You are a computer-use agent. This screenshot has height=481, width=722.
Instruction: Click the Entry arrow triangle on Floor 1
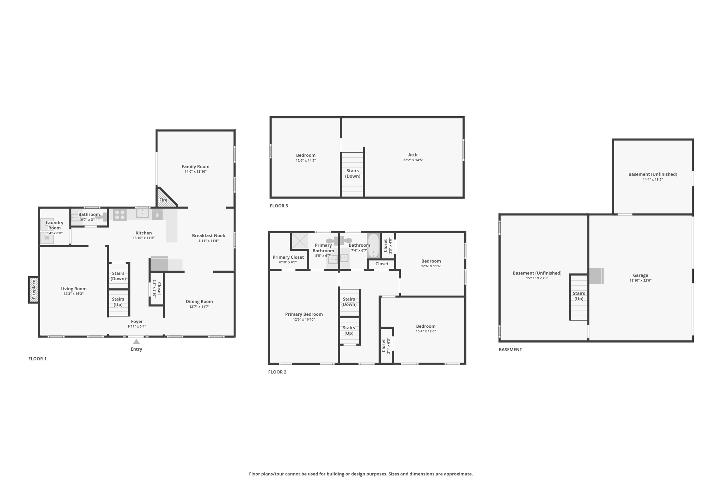pos(136,341)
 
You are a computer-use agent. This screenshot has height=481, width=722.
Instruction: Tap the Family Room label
pos(196,167)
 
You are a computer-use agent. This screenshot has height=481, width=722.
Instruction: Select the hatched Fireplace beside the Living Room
pos(34,290)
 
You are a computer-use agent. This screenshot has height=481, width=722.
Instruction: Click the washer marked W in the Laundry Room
pos(47,238)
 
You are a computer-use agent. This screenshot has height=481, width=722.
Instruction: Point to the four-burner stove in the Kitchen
pos(120,215)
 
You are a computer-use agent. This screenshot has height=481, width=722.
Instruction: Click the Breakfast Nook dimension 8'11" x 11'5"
pos(209,241)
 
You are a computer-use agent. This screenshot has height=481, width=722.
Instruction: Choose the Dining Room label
pos(199,302)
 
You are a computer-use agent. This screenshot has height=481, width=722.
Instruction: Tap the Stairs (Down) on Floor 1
pos(118,276)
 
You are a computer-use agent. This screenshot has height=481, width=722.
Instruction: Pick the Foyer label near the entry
pos(137,321)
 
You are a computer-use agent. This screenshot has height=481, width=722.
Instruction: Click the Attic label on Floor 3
pos(413,155)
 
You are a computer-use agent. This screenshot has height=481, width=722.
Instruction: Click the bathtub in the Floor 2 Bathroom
pos(374,246)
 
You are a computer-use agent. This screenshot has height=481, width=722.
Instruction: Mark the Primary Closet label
pos(288,257)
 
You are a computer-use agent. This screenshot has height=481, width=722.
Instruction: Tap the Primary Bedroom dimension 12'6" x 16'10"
pos(304,320)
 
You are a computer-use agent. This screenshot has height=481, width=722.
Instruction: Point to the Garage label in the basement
pos(640,276)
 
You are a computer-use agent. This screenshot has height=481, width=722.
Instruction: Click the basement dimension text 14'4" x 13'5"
pos(653,180)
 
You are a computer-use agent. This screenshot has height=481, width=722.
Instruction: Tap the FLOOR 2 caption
pos(277,372)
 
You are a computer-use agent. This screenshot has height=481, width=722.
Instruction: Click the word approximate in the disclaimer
pos(458,474)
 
